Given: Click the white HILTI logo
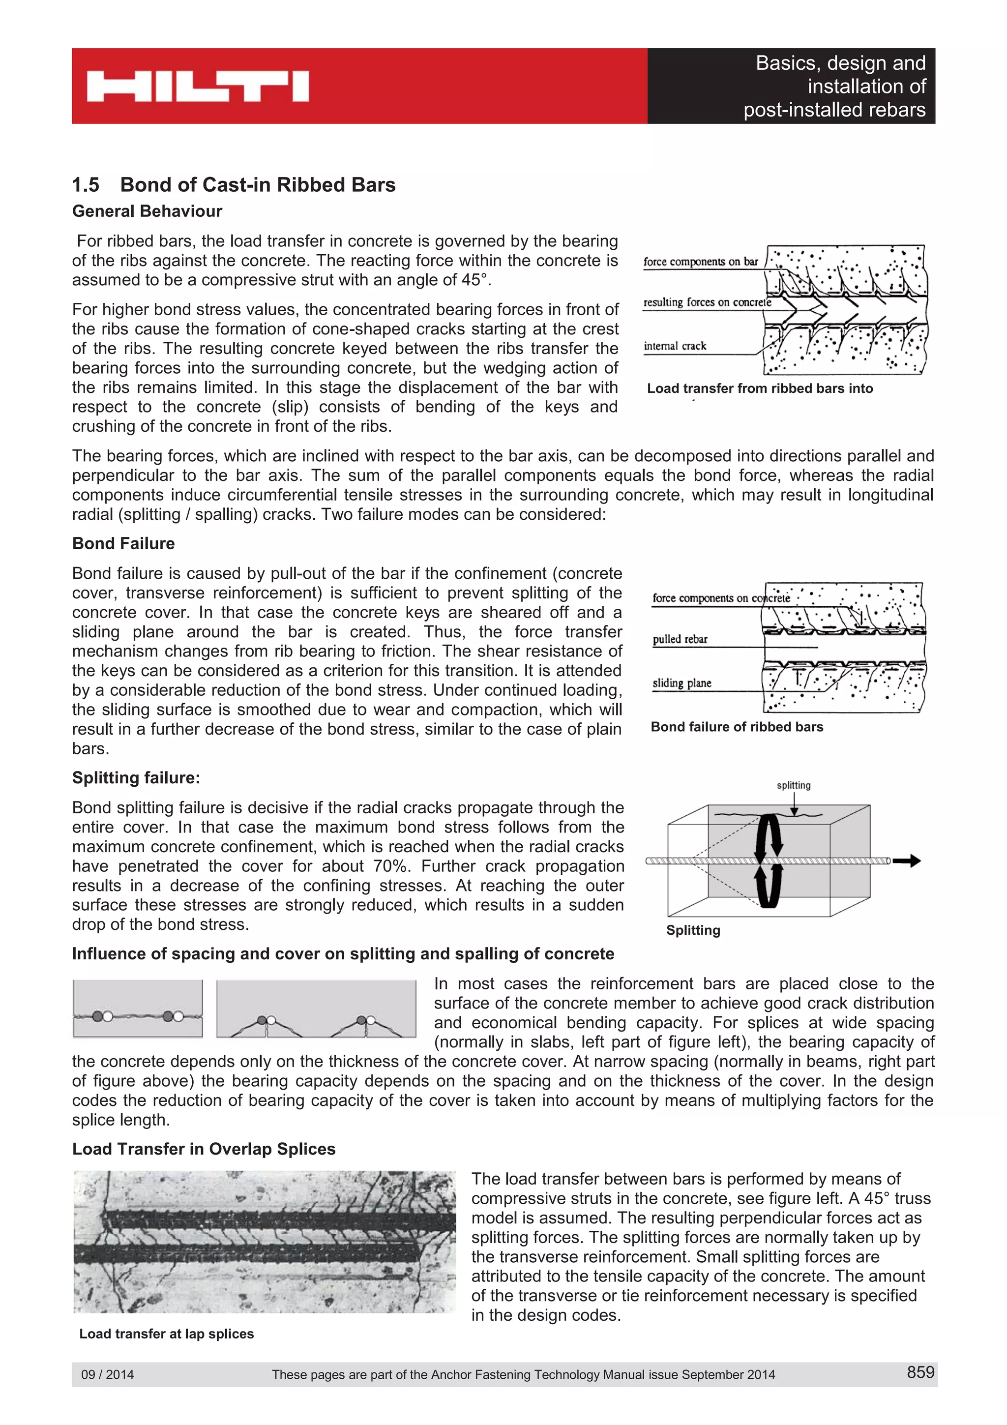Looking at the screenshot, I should pos(197,86).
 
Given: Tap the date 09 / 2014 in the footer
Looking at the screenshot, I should pos(107,1374).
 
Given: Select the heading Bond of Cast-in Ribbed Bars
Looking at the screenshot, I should pos(258,185).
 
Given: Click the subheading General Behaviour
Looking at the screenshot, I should pos(147,211).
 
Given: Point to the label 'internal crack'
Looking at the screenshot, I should pos(675,346).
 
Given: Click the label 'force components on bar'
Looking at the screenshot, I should pos(701,261).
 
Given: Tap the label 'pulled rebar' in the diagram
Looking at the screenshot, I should pos(680,639).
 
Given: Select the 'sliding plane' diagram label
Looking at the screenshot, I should pos(682,683).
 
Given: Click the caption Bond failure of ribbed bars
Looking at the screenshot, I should pos(737,727).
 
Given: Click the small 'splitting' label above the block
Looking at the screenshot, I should pos(794,785).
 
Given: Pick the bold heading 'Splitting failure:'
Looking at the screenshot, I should pos(136,778).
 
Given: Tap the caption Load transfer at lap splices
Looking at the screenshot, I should pos(166,1333).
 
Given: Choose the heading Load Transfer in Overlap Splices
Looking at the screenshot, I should pos(204,1149).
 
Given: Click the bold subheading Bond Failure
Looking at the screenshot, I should pos(123,544).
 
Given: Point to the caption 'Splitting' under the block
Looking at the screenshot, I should pos(693,930).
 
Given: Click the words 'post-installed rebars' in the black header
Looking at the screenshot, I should pos(834,110).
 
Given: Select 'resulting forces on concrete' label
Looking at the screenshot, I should pos(707,302).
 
